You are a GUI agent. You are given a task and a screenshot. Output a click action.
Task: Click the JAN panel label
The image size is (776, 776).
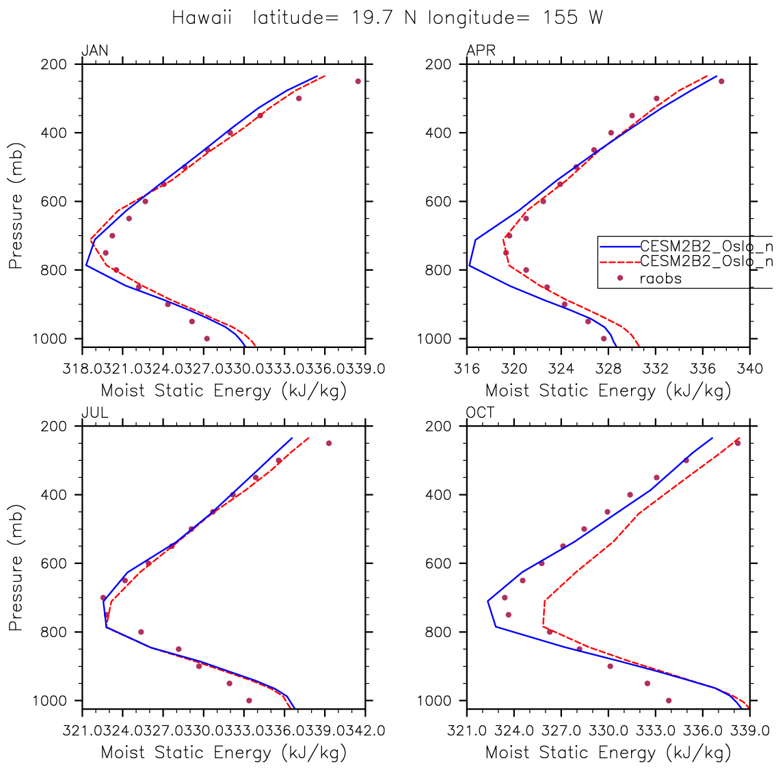(94, 51)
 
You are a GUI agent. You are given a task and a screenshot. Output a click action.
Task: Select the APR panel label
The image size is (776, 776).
(481, 51)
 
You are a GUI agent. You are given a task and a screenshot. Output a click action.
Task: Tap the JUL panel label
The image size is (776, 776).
(94, 412)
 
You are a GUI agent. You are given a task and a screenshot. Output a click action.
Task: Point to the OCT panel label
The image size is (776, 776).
(481, 412)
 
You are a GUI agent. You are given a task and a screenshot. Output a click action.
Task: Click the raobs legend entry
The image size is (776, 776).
(660, 278)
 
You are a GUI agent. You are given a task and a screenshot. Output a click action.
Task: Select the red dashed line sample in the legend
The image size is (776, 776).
(619, 262)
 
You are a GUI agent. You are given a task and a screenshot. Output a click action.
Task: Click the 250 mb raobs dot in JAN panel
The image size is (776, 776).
(358, 81)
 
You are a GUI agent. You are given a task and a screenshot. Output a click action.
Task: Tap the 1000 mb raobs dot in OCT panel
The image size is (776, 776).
(669, 700)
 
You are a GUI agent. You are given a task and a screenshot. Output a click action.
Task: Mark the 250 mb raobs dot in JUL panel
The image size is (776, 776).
(329, 443)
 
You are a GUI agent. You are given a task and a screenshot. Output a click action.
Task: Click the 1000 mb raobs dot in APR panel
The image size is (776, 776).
(604, 338)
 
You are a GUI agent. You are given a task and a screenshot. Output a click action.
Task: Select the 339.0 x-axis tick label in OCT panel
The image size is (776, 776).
(748, 731)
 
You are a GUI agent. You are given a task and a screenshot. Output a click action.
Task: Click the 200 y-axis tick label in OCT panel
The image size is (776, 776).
(439, 426)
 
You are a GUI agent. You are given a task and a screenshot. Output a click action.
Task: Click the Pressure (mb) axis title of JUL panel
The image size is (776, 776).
(16, 568)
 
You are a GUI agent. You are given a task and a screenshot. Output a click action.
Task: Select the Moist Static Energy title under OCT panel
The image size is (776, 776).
(608, 753)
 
